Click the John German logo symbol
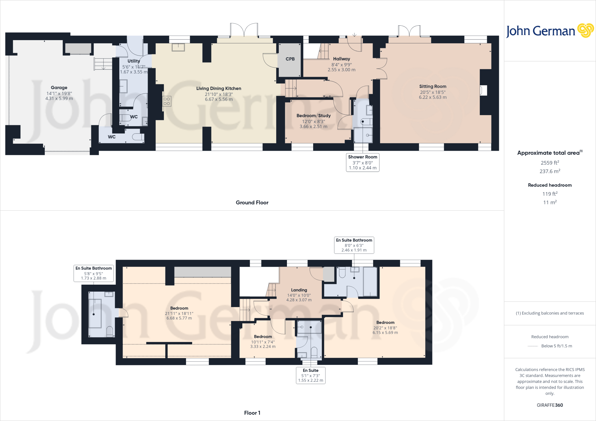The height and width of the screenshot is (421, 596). (x=585, y=31)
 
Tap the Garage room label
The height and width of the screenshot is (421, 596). (x=59, y=88)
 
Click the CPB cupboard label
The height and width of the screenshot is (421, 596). (x=290, y=59)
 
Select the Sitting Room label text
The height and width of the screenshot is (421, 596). (x=433, y=86)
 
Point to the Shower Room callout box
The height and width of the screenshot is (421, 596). (x=363, y=162)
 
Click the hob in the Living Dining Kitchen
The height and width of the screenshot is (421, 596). (x=167, y=101)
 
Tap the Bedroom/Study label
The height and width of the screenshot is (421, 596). (x=313, y=116)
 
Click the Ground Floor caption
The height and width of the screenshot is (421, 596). (x=252, y=203)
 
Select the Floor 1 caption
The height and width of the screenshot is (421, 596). (x=252, y=413)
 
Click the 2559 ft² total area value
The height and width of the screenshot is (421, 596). (x=550, y=163)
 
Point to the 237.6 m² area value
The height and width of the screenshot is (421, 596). (x=550, y=171)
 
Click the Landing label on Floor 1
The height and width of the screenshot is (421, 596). (x=299, y=290)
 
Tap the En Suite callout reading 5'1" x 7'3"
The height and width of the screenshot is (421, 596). (x=311, y=375)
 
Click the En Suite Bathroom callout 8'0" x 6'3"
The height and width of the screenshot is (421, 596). (x=354, y=245)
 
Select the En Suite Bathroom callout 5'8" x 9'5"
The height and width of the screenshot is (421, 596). (x=93, y=273)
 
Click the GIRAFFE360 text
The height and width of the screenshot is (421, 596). (x=550, y=405)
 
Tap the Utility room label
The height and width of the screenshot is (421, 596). (x=134, y=61)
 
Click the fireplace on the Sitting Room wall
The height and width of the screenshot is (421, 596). (x=483, y=90)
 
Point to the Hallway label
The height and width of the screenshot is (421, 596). (x=341, y=59)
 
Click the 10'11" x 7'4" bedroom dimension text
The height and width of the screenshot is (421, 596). (x=263, y=342)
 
